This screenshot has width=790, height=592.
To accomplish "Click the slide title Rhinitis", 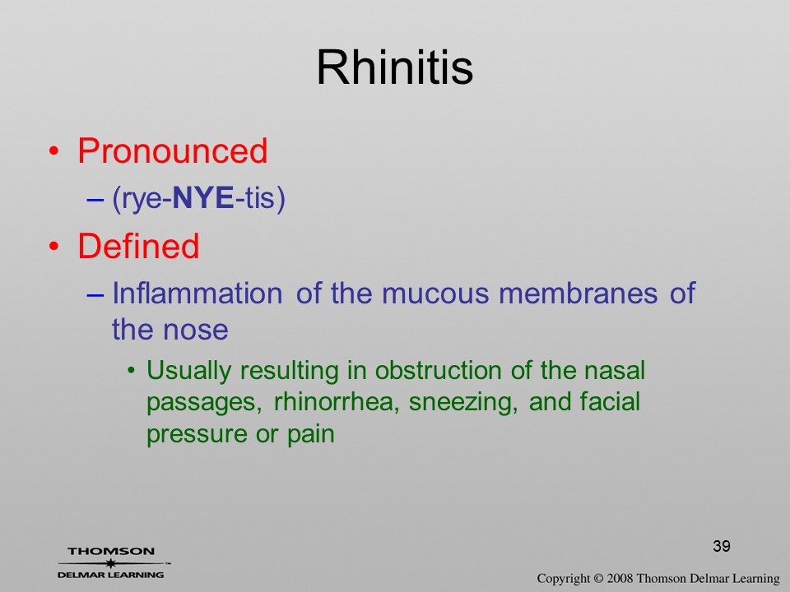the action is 394,67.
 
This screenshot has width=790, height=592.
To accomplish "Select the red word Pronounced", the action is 172,150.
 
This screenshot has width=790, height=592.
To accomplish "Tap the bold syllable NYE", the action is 203,198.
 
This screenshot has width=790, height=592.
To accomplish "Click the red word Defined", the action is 138,246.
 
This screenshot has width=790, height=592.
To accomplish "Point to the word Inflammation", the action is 197,293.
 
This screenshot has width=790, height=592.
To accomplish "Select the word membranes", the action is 578,293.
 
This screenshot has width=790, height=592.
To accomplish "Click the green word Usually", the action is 189,372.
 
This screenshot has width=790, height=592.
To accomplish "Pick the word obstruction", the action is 438,371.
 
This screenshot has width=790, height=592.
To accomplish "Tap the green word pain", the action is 311,434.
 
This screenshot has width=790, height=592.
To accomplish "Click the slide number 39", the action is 722,546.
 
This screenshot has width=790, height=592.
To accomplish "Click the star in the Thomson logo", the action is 110,563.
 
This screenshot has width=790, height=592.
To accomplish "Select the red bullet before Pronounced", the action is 54,151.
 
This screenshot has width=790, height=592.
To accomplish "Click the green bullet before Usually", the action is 132,372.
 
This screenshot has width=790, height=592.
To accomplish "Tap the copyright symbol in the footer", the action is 598,579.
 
